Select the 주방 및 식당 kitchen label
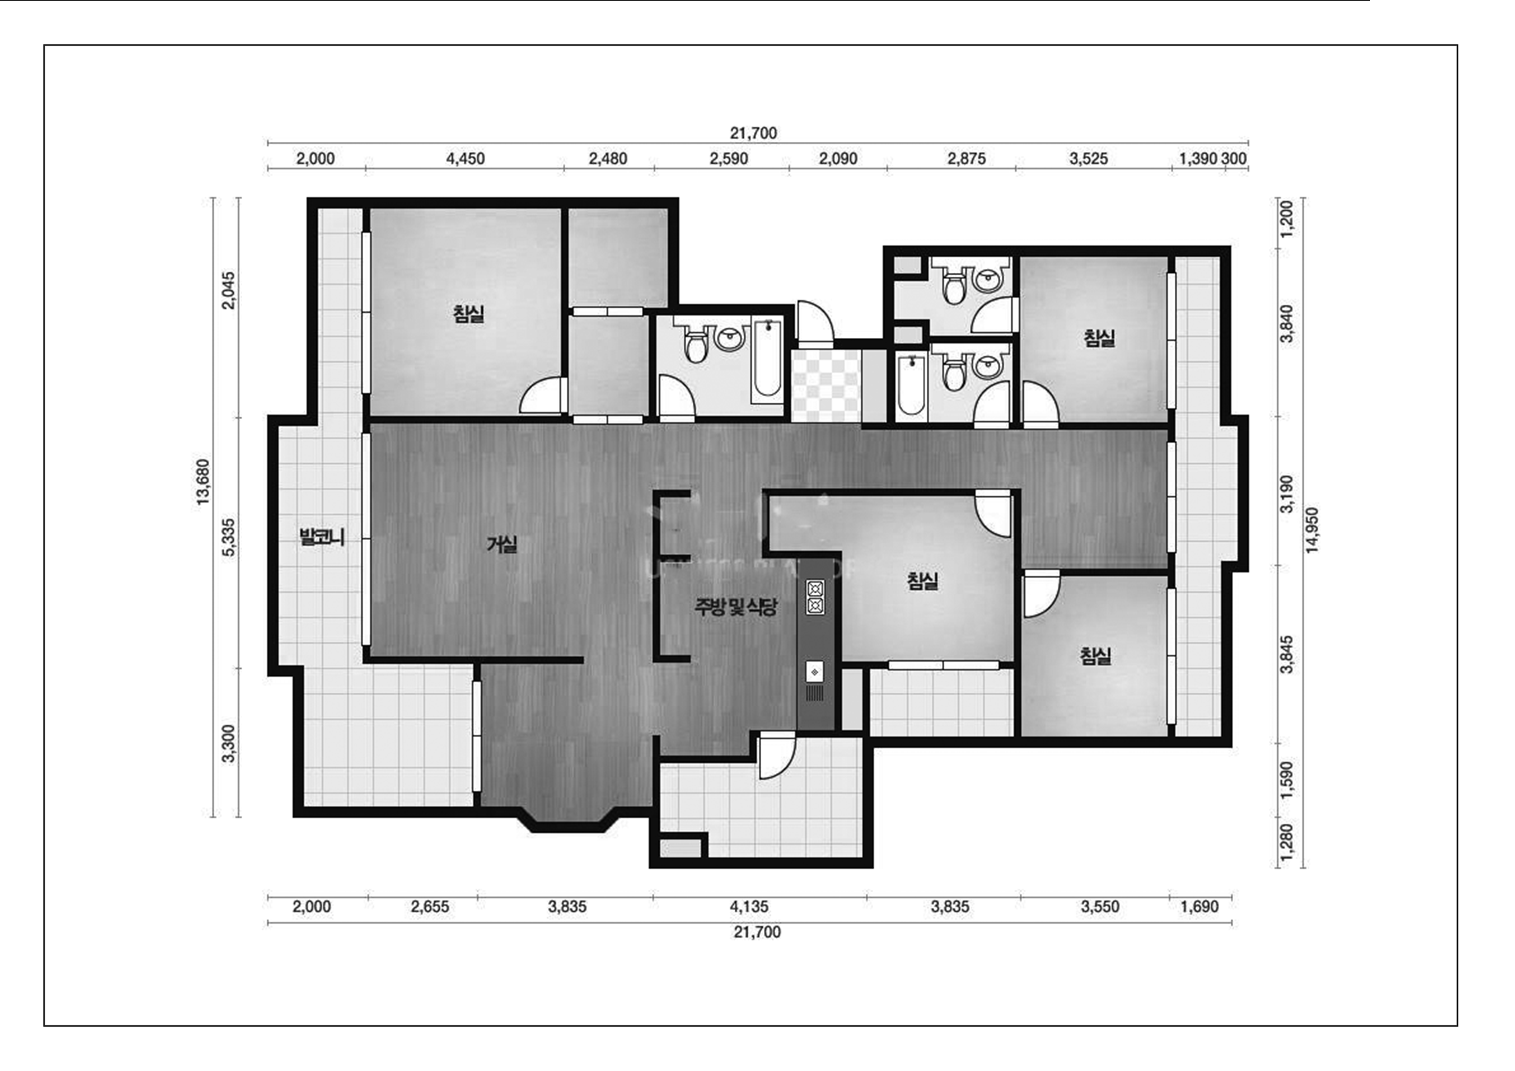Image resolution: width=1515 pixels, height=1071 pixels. [736, 607]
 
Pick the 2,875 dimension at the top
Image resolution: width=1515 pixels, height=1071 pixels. [967, 159]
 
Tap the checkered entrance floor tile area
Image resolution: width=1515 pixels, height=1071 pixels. [826, 386]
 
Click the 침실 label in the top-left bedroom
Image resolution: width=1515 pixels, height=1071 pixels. [469, 314]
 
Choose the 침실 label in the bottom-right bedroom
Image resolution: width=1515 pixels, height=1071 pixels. [1095, 655]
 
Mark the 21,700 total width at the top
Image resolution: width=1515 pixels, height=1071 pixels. [754, 133]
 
